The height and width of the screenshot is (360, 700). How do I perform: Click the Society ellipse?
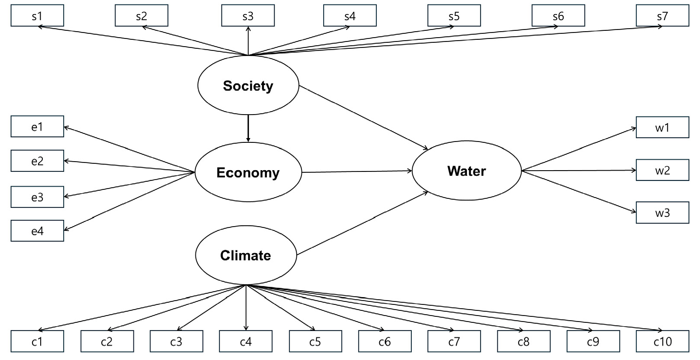[x=248, y=86]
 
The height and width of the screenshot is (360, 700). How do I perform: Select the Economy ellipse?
[x=248, y=172]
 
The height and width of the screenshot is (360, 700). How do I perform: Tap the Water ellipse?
[x=467, y=171]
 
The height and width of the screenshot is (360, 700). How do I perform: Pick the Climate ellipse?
[x=246, y=255]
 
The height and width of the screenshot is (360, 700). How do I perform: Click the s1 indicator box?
[x=37, y=16]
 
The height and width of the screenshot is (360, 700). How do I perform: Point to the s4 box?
[x=350, y=16]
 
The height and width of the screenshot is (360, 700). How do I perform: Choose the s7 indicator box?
[x=662, y=16]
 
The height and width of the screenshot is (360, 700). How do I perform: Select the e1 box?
[x=37, y=127]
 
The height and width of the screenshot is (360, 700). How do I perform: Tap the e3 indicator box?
[x=37, y=197]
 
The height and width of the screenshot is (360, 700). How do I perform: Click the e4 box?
[x=37, y=231]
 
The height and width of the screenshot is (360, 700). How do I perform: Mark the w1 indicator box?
[x=662, y=127]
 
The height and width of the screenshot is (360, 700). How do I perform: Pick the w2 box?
[x=662, y=170]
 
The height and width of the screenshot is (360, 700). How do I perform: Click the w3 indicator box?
[x=662, y=212]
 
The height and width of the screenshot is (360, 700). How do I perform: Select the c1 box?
[x=37, y=341]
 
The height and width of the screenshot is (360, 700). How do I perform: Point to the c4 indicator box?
[x=246, y=341]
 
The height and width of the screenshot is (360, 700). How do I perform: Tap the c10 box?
[x=662, y=341]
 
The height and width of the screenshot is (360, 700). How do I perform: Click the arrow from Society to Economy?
[x=248, y=128]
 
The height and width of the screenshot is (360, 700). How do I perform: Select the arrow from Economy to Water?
[x=357, y=171]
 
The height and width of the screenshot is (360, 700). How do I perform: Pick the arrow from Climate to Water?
[x=363, y=223]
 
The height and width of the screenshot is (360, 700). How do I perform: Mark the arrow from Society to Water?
[x=363, y=118]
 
